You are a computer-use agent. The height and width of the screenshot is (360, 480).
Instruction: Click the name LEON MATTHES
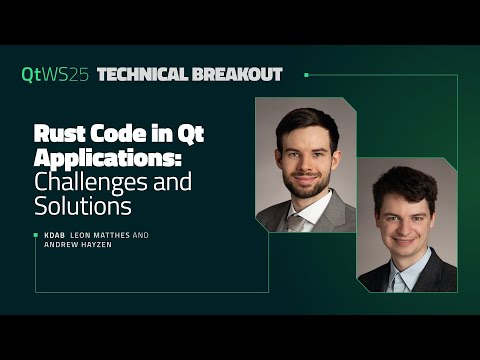click(98, 236)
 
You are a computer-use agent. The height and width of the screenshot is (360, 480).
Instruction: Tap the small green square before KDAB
click(36, 236)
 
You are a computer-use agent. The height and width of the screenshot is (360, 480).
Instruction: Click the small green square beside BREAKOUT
click(305, 74)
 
